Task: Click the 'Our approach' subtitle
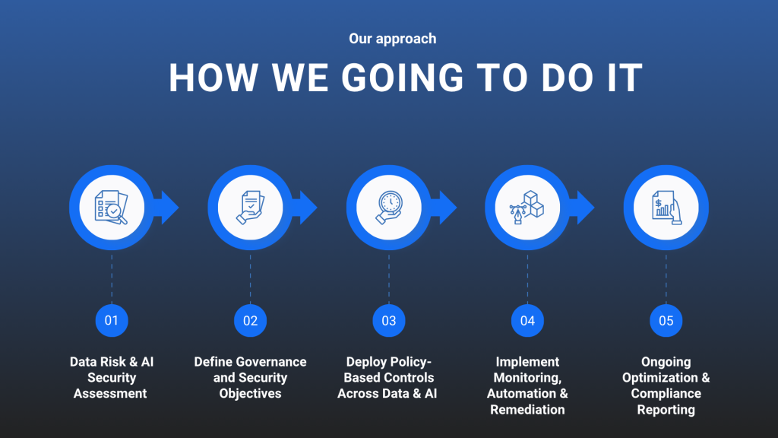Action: (x=393, y=39)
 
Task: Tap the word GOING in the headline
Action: (x=403, y=78)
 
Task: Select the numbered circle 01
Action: (x=112, y=321)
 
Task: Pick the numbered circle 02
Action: (x=250, y=321)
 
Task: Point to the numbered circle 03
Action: (x=389, y=321)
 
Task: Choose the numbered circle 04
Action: (x=527, y=321)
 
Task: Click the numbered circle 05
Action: (x=666, y=321)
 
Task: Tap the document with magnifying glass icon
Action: (x=111, y=207)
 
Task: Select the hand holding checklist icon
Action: (x=250, y=208)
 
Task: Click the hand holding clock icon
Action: (x=389, y=208)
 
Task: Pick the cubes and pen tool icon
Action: (x=527, y=208)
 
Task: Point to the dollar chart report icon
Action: (x=666, y=208)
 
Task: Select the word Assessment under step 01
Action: (x=110, y=393)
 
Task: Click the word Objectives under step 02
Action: (x=250, y=393)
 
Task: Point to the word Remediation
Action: (x=527, y=410)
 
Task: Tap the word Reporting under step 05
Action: (x=666, y=410)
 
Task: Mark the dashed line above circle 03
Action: (x=389, y=278)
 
